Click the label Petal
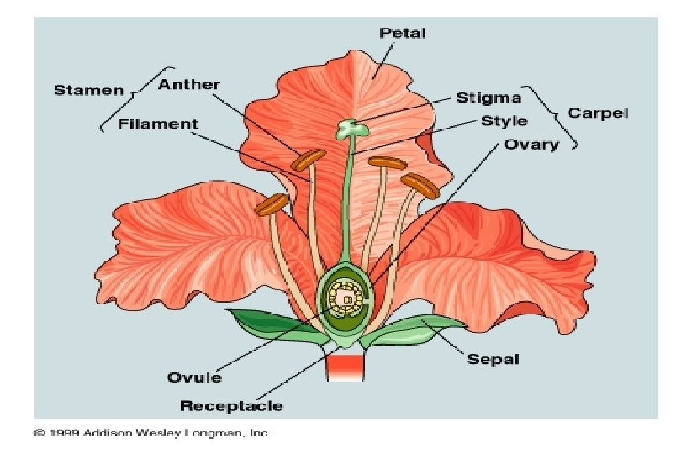403,34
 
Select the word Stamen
88,90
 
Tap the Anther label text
189,84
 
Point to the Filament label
158,124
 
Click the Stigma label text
488,98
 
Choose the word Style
504,121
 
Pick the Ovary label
531,145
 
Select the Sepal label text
494,360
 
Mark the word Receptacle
231,407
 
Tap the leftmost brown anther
272,202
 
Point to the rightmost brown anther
420,185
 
